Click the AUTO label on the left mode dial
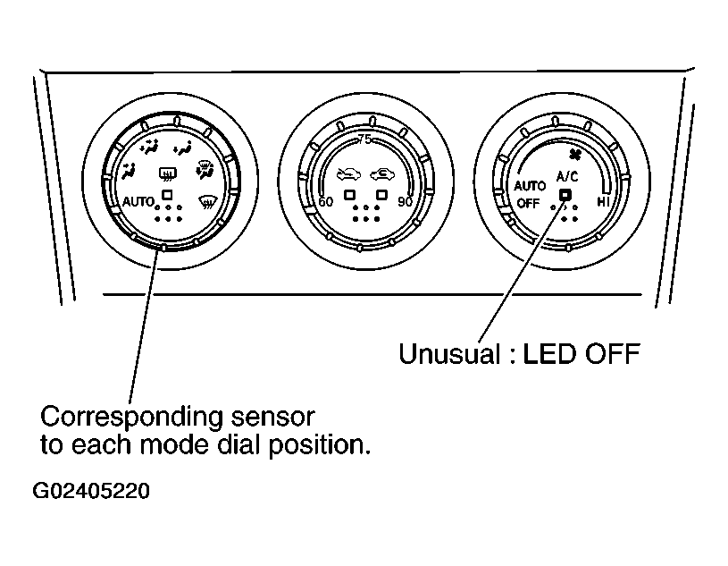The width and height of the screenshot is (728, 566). [x=138, y=202]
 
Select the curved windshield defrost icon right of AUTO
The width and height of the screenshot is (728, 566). [x=207, y=202]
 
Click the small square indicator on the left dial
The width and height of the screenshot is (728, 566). [x=167, y=194]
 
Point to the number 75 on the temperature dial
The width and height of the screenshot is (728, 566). [x=365, y=139]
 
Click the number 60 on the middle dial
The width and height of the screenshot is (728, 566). [x=325, y=202]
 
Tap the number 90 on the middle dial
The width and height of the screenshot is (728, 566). [x=405, y=202]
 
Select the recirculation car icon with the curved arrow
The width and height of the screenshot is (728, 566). [x=382, y=174]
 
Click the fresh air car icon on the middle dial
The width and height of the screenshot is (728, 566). [x=348, y=174]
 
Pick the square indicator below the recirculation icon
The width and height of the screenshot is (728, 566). [x=381, y=194]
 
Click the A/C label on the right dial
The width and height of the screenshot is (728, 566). [x=567, y=176]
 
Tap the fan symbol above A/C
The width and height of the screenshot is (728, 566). [x=573, y=156]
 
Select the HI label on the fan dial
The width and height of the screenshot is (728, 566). [x=603, y=202]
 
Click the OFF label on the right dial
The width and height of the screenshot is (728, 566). [x=528, y=204]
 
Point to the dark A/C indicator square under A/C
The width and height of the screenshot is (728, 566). [x=565, y=195]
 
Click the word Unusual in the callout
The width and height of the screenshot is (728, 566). [x=449, y=354]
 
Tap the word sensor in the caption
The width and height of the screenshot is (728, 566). [x=273, y=418]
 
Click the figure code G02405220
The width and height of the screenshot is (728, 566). [x=91, y=491]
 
